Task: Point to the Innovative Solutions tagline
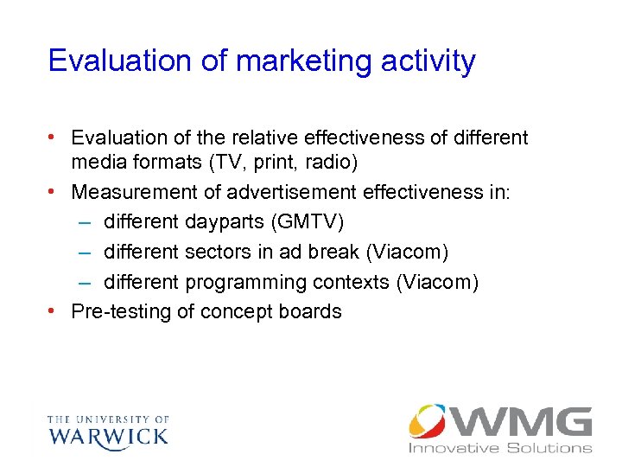(x=500, y=448)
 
